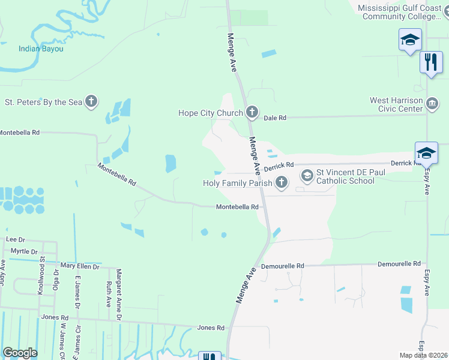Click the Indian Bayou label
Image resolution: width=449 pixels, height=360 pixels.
coord(41,49)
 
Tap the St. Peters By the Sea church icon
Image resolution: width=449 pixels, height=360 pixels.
coord(91,101)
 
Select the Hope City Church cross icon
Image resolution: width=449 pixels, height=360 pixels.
coord(252,112)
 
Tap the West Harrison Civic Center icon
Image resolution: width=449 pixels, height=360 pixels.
coord(432,104)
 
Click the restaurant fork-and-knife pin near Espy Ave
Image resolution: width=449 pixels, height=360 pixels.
coord(430,62)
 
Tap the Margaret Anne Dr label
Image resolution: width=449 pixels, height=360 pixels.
coord(119,293)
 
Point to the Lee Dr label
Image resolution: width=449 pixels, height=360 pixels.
coord(14,239)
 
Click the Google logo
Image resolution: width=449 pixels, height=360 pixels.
coord(20,353)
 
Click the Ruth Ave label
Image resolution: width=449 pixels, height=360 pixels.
coord(109,293)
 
